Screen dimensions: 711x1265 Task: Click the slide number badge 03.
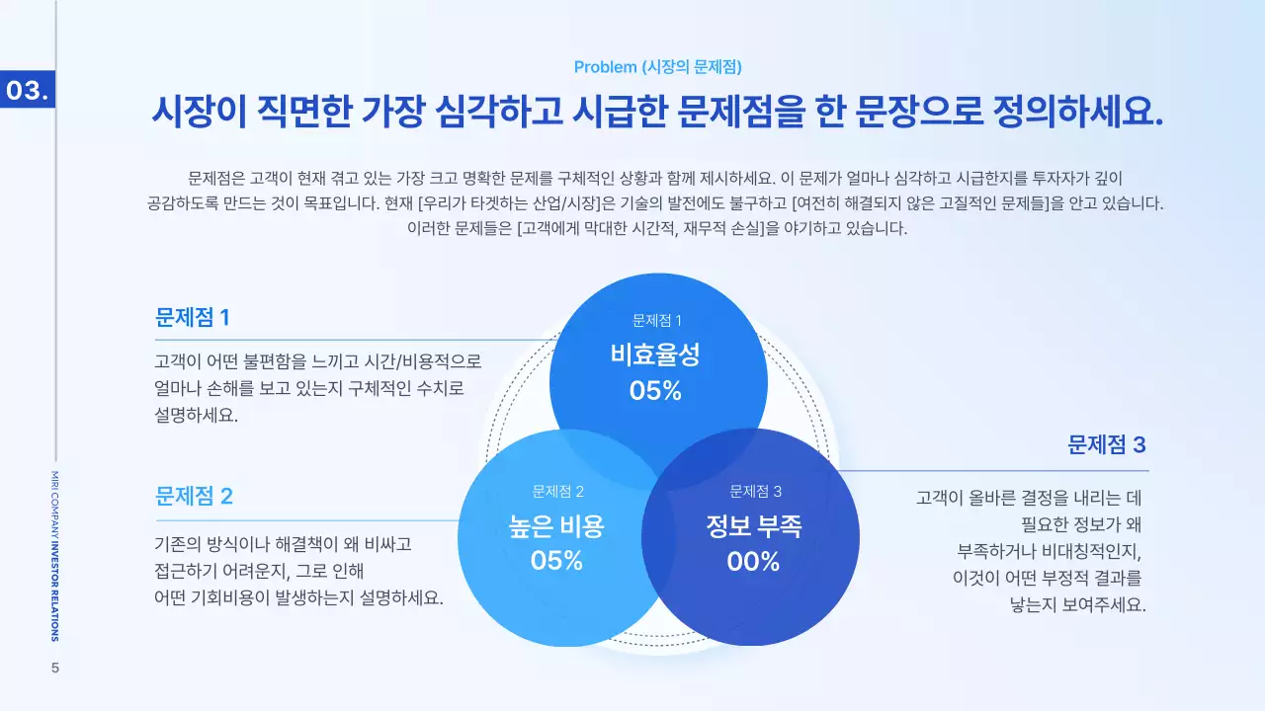28,90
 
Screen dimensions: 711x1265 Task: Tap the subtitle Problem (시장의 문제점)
657,67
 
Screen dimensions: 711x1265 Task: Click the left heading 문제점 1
193,317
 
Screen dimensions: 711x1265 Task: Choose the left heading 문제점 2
194,496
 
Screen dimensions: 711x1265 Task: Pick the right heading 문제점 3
1106,444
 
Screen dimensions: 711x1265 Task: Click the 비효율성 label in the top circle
657,354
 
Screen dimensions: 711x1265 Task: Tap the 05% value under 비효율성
656,391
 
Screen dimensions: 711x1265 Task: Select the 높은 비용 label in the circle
556,525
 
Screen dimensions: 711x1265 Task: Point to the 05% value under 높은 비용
556,561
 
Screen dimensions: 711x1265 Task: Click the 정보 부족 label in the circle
754,525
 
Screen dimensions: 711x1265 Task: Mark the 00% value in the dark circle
754,562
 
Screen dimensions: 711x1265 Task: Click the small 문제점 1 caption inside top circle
657,320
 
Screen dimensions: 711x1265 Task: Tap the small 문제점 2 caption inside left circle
557,491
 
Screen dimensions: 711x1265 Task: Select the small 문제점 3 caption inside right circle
755,491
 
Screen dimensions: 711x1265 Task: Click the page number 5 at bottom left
55,669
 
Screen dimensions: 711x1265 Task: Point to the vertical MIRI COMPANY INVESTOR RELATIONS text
54,555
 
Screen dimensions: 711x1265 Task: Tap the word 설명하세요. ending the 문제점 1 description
197,415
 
